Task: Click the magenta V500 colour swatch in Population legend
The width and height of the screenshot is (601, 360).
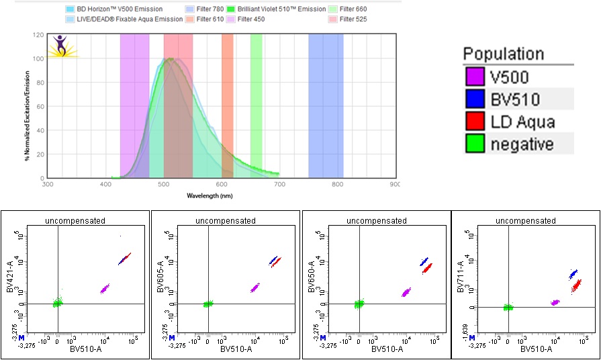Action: point(475,77)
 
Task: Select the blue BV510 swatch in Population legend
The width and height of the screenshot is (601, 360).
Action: point(475,99)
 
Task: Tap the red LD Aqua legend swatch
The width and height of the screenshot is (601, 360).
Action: point(475,122)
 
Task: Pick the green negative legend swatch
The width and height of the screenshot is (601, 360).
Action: point(475,143)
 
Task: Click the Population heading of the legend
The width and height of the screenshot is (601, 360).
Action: point(504,54)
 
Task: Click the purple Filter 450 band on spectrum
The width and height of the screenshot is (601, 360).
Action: point(134,101)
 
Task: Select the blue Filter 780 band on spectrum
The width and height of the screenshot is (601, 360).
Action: point(326,101)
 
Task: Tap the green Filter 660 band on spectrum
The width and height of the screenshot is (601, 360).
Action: point(256,101)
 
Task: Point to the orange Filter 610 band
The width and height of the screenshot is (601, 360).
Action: point(228,101)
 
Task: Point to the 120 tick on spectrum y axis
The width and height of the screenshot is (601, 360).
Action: point(39,35)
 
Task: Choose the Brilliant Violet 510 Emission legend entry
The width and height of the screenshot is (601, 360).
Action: point(282,9)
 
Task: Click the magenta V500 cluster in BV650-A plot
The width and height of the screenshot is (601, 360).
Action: point(406,293)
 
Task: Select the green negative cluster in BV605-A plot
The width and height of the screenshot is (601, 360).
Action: point(208,304)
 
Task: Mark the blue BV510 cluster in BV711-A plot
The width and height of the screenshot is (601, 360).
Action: point(573,274)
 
